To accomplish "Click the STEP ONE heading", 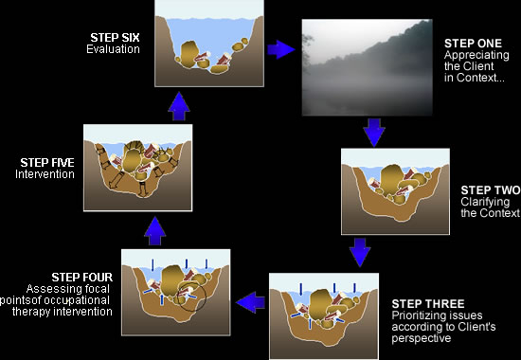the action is point(473,44).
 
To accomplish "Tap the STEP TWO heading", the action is point(491,190).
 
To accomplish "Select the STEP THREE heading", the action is point(428,304).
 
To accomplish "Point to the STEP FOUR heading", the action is point(82,278).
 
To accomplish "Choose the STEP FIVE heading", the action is point(47,163).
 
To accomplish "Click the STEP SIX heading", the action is point(115,37).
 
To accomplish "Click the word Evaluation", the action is point(113,49).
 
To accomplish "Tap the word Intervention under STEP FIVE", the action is point(45,174).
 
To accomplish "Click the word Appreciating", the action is point(476,56).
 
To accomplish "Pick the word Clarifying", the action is point(485,202).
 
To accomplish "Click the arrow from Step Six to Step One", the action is point(281,50).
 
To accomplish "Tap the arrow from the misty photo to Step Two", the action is point(374,133).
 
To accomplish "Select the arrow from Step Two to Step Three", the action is point(360,252).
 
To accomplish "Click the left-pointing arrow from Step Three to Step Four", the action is point(250,302).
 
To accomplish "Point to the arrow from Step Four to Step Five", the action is point(154,231).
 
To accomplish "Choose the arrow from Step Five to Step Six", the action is point(179,106).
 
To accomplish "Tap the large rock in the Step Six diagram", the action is point(189,54).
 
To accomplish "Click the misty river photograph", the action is point(368,67).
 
